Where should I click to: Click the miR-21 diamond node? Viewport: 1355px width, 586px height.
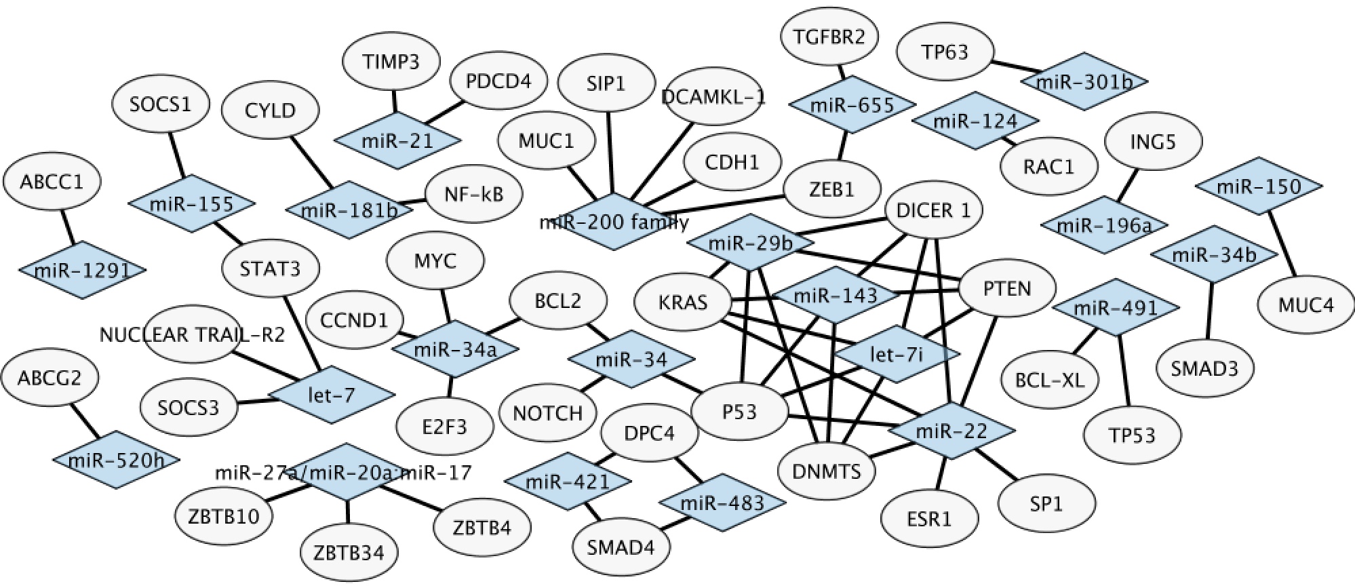click(397, 140)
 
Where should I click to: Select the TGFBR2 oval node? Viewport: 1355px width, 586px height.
click(829, 36)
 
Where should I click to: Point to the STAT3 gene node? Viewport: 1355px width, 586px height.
click(270, 269)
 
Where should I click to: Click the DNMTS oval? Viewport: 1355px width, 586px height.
click(827, 471)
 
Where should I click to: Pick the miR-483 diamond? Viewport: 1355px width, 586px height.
click(722, 503)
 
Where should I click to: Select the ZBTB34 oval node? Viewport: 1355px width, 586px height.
click(349, 552)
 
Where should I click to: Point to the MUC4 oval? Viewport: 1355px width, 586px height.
click(1305, 305)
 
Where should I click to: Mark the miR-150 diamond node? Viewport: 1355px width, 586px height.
click(1259, 186)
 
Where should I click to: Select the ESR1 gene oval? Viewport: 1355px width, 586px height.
click(929, 519)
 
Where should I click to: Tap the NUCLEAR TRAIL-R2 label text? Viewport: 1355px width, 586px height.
click(192, 334)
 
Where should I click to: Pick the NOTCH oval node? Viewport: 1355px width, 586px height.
click(548, 413)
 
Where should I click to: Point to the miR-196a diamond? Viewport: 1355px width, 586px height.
click(1104, 224)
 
